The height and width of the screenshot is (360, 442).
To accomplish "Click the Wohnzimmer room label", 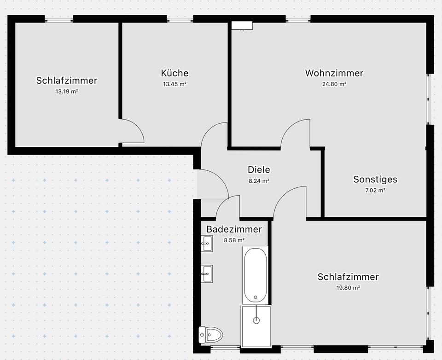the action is (x=334, y=73).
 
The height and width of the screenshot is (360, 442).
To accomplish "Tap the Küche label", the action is (x=174, y=73).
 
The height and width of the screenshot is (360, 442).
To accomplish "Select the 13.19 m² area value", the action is (x=67, y=92).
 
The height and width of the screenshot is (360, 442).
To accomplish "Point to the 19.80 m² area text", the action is (x=348, y=288).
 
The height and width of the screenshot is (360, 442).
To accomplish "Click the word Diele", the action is (x=259, y=169).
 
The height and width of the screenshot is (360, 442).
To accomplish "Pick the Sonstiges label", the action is (x=375, y=180).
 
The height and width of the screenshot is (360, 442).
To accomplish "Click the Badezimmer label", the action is (x=234, y=229).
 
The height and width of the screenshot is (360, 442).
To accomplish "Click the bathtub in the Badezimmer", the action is (x=255, y=274).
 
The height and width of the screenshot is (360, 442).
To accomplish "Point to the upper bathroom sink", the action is (x=207, y=243).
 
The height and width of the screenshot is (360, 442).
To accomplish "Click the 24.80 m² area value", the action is (x=334, y=84).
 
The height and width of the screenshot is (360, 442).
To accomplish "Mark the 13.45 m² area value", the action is (x=174, y=84).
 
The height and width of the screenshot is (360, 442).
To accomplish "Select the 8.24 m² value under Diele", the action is (x=259, y=181).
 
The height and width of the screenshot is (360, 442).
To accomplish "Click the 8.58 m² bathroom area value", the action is (x=234, y=240).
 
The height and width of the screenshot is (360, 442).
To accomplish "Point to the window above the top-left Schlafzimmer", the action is (x=59, y=19).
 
